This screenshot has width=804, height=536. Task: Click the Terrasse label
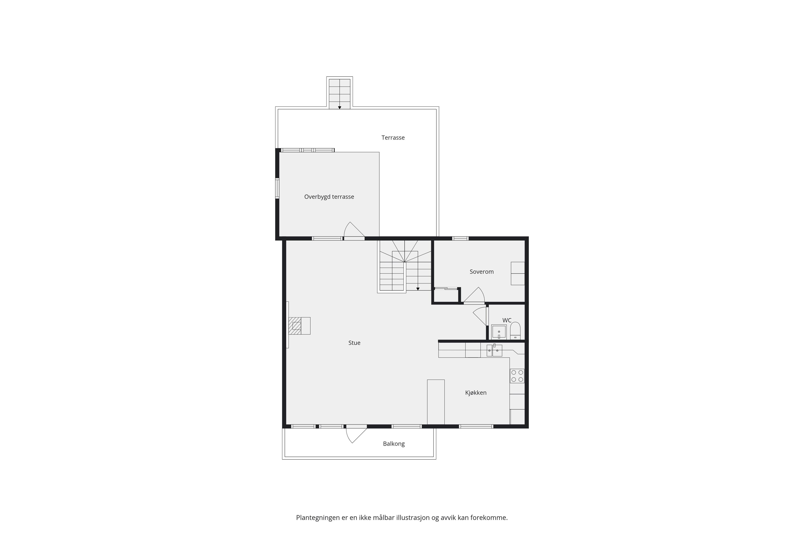(x=393, y=138)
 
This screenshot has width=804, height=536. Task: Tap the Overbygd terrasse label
(x=329, y=197)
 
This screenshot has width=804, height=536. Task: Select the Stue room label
(x=354, y=343)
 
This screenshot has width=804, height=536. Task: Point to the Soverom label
(x=482, y=272)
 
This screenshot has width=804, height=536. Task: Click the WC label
(x=507, y=320)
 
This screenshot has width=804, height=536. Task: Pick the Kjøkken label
(x=476, y=393)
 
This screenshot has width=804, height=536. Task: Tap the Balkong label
(x=394, y=444)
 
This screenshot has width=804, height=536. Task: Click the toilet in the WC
(x=515, y=331)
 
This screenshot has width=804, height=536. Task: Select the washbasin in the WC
(x=499, y=332)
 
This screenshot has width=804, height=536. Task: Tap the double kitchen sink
(x=494, y=350)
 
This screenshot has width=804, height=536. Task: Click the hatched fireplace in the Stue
(x=295, y=326)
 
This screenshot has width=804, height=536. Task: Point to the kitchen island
(x=436, y=402)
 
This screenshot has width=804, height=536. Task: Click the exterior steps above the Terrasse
(x=339, y=94)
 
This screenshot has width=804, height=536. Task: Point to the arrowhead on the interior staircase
(x=418, y=289)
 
